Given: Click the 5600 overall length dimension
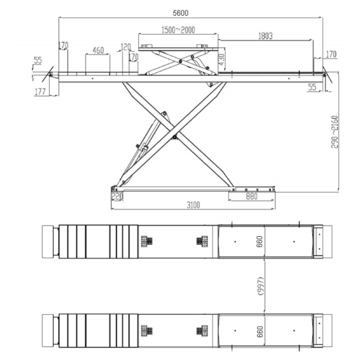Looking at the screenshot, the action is (x=181, y=13).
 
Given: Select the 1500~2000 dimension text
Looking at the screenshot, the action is (x=178, y=30).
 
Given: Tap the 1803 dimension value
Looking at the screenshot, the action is (x=266, y=36).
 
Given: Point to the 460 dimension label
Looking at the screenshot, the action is (x=98, y=50).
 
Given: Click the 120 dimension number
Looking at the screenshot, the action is (x=126, y=47).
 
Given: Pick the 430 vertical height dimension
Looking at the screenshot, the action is (x=222, y=60).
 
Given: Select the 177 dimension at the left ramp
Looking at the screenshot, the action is (x=40, y=92).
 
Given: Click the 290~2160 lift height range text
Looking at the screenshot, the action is (x=334, y=132).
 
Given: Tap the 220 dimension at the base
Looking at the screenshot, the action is (x=117, y=196).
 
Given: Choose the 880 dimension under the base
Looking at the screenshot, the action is (x=251, y=196).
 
